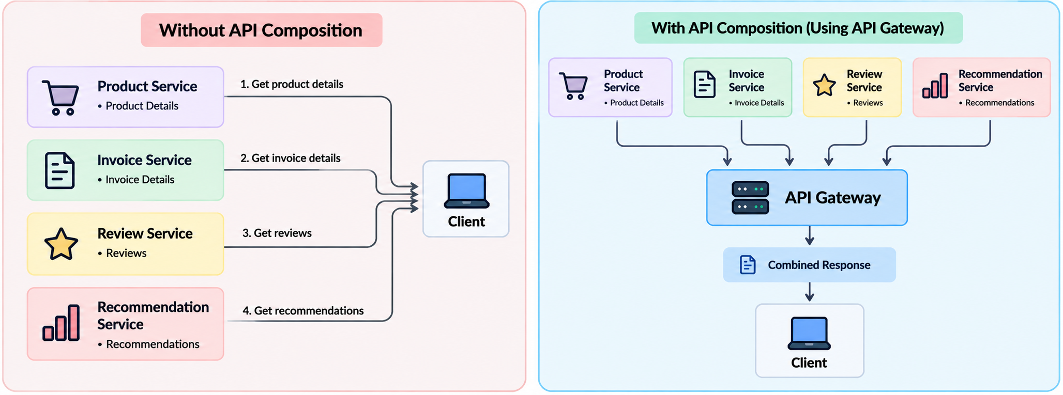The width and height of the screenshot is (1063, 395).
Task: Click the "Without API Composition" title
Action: click(261, 30)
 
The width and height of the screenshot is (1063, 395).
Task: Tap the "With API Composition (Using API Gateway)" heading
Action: click(798, 28)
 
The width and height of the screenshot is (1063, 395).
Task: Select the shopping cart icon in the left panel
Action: click(60, 97)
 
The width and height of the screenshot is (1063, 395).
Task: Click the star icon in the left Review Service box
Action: click(61, 244)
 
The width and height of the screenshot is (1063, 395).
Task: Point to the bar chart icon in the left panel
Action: click(61, 323)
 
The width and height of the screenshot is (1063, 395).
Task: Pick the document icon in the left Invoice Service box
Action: click(60, 170)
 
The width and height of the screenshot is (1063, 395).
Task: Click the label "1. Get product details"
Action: click(292, 84)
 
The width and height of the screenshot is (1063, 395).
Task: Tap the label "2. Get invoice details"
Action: click(291, 158)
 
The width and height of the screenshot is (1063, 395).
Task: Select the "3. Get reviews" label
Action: click(277, 233)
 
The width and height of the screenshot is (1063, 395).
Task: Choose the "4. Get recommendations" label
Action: click(303, 311)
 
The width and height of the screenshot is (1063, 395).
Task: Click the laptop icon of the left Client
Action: click(466, 191)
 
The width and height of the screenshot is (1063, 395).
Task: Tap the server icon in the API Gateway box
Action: click(750, 198)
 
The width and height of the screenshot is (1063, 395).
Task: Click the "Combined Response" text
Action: click(819, 265)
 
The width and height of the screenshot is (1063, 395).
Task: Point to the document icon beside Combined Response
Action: click(748, 265)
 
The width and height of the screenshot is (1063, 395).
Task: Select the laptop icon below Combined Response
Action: click(809, 333)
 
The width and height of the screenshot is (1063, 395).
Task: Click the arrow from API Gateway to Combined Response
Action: click(810, 235)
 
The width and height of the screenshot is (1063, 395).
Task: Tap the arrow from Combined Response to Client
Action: click(810, 292)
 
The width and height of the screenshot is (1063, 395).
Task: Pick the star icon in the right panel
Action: click(824, 85)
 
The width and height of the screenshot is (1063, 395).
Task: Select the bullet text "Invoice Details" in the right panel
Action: click(759, 103)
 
